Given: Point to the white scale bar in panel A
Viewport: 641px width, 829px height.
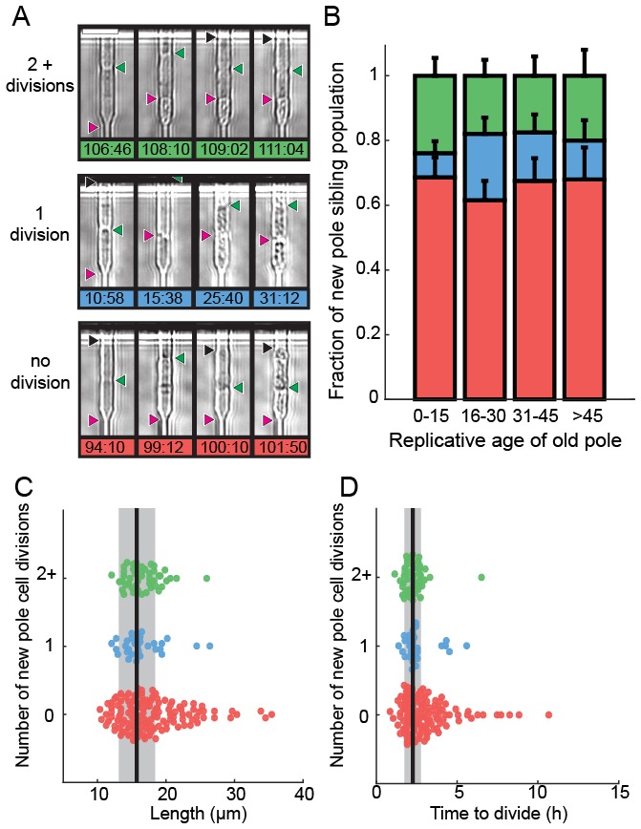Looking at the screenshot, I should (x=99, y=31).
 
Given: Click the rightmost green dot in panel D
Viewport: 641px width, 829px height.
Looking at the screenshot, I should (x=481, y=578).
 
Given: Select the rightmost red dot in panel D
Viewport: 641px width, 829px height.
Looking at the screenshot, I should (x=548, y=714).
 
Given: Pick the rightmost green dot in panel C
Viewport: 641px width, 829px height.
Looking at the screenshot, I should (x=206, y=578).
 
